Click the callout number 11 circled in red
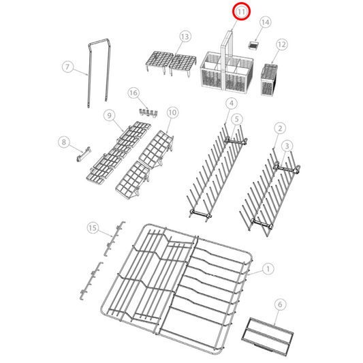(x=242, y=12)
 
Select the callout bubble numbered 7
(x=67, y=67)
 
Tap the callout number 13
(x=185, y=35)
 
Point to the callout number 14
(x=265, y=22)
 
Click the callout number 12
(x=281, y=44)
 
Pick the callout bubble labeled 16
(x=133, y=92)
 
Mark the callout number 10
(x=172, y=112)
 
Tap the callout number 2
(x=279, y=127)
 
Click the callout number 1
(x=268, y=269)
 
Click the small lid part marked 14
(x=255, y=44)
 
